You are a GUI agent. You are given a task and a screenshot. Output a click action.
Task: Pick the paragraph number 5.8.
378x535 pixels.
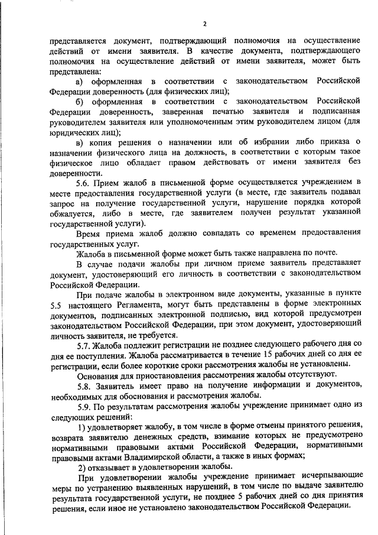point(84,385)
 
